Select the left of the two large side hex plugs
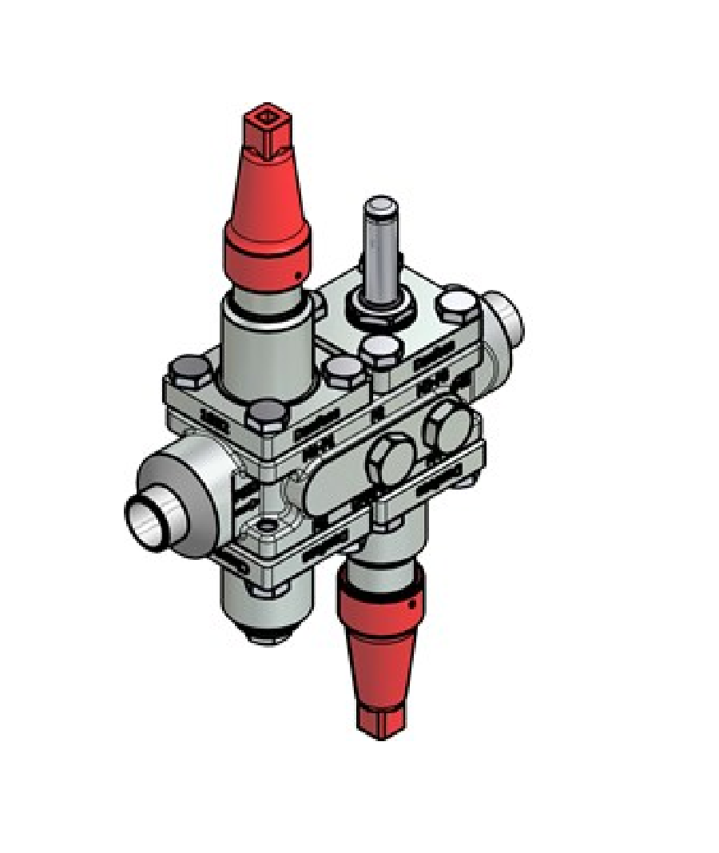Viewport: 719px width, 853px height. click(389, 458)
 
